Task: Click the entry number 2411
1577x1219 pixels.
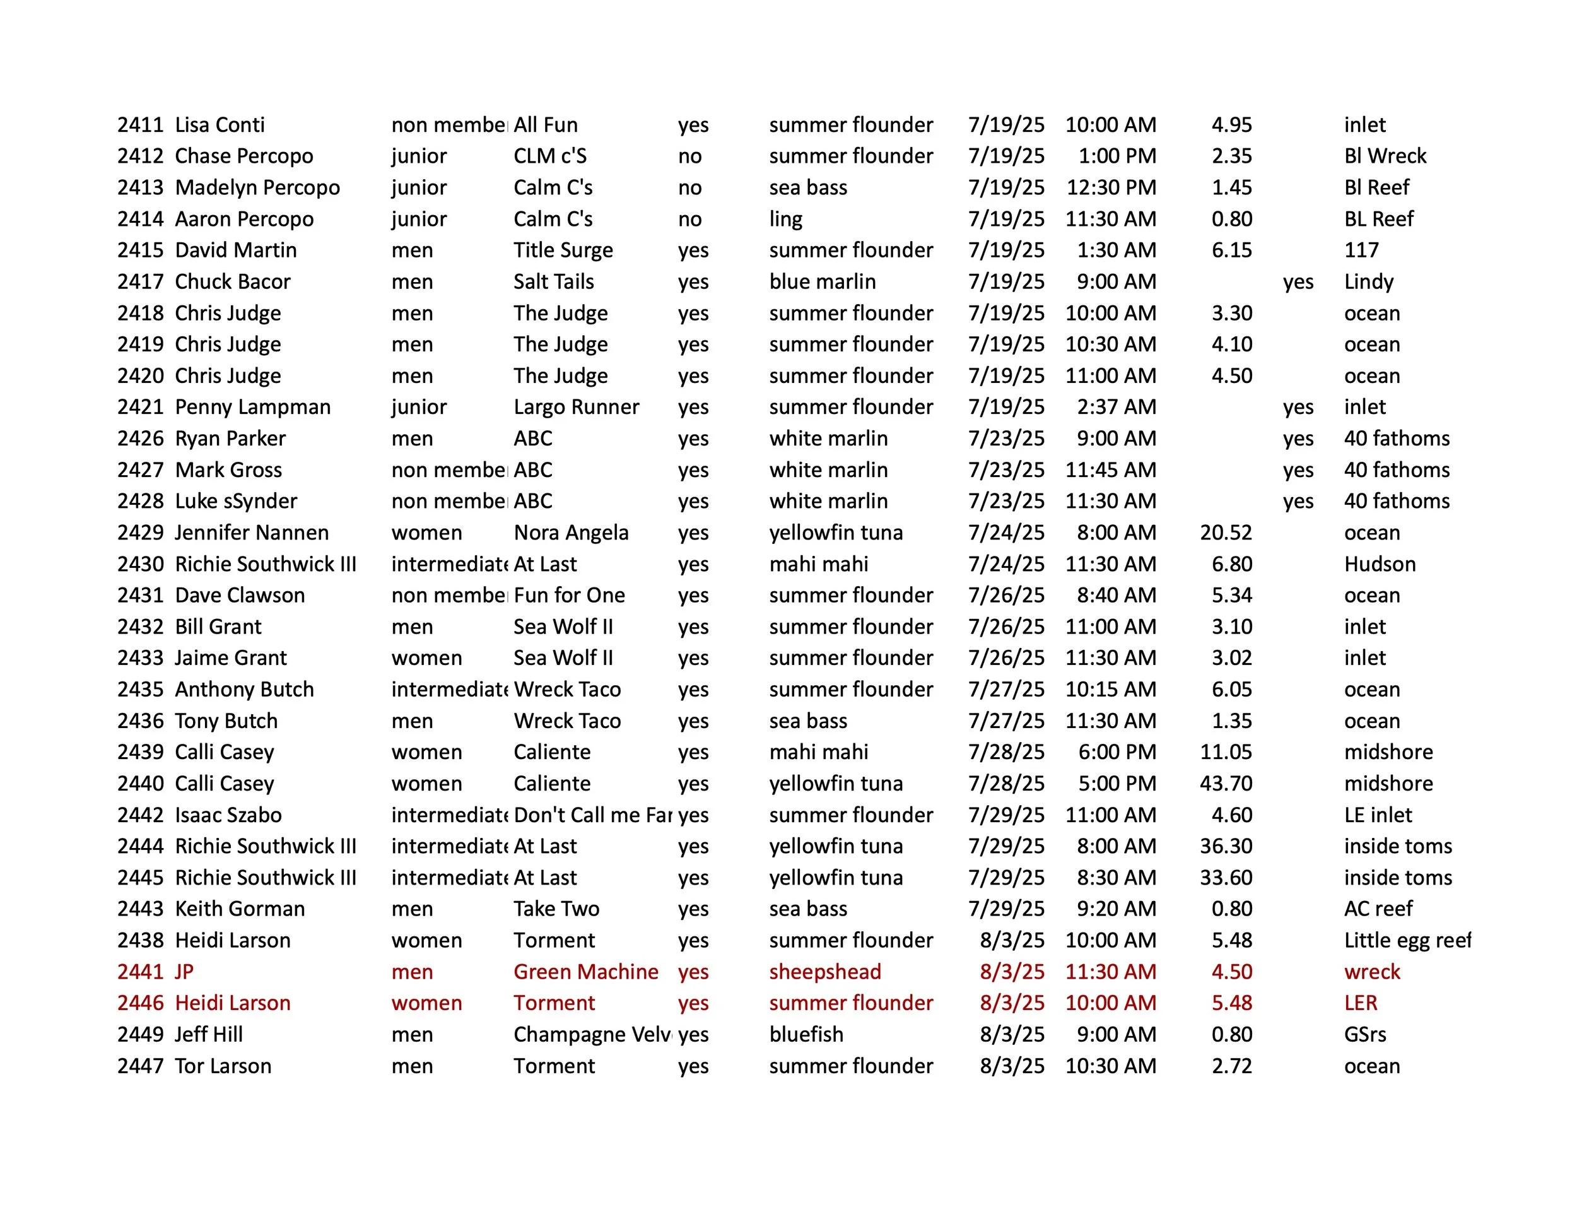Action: (x=140, y=125)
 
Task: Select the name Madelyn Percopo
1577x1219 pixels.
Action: (x=257, y=188)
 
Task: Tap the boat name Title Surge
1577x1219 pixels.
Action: (x=563, y=250)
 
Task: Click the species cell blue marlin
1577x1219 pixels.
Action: (x=822, y=281)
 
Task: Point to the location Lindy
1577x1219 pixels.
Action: (x=1368, y=281)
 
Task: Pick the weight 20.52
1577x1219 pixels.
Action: (x=1226, y=533)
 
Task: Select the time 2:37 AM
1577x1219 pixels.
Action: (x=1116, y=408)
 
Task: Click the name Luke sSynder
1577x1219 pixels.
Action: (x=235, y=501)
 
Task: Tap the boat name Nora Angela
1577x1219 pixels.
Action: (x=570, y=533)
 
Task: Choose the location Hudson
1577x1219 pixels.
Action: (x=1379, y=564)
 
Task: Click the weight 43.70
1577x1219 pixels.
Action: (x=1226, y=784)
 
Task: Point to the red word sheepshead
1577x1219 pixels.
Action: (x=824, y=972)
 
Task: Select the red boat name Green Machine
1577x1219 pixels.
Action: (x=585, y=972)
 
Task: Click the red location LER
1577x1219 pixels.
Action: (x=1361, y=1003)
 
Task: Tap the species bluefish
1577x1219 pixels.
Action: (x=806, y=1035)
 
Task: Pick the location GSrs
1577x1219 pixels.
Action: (x=1364, y=1035)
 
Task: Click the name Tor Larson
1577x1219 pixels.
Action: (x=223, y=1066)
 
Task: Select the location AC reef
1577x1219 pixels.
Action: (x=1378, y=909)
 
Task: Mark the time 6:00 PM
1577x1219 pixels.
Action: (x=1117, y=753)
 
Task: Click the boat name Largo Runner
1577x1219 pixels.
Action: (x=576, y=408)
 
